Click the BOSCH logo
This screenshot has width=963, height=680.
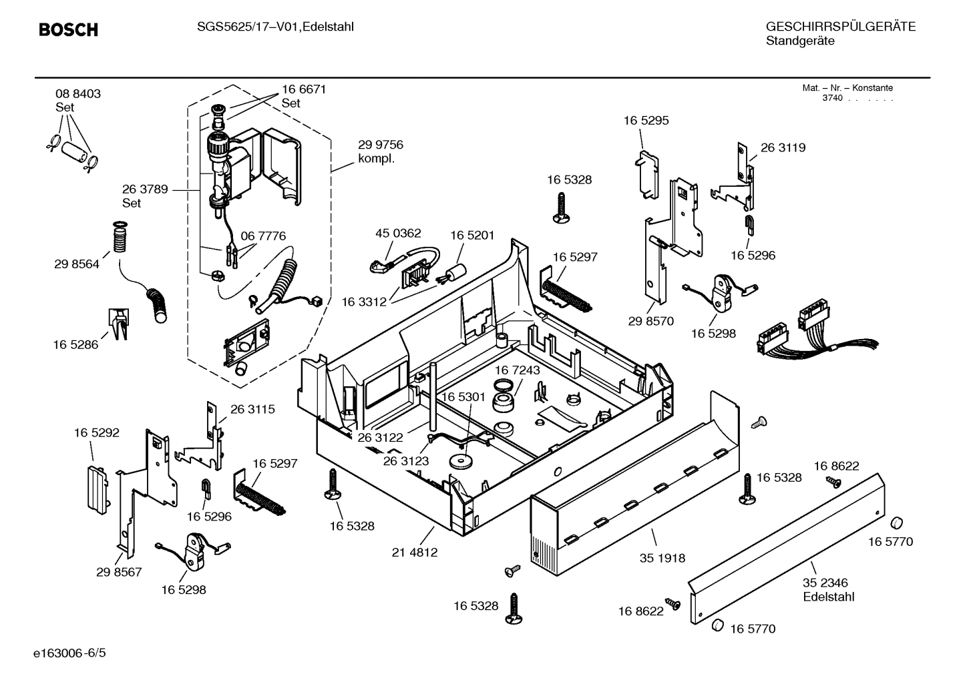tap(68, 29)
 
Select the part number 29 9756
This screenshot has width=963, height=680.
tap(381, 145)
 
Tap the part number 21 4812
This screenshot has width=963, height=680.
tap(414, 553)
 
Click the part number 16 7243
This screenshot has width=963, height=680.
tap(518, 370)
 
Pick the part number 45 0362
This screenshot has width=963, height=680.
tap(398, 233)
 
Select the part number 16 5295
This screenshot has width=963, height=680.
tap(646, 121)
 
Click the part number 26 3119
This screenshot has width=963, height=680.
tap(783, 147)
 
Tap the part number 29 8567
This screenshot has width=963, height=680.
tap(119, 572)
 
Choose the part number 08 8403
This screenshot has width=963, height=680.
tap(78, 94)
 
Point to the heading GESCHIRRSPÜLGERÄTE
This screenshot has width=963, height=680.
tap(840, 27)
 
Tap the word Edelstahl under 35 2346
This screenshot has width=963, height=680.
tap(829, 597)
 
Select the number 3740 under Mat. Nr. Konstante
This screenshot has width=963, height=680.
tap(832, 98)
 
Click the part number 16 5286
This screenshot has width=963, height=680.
tap(75, 344)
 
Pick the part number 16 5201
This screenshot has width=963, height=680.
tap(472, 236)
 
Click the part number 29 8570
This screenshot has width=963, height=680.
tap(651, 321)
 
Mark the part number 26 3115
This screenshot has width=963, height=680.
tap(252, 409)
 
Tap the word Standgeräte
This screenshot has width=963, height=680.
tap(800, 41)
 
